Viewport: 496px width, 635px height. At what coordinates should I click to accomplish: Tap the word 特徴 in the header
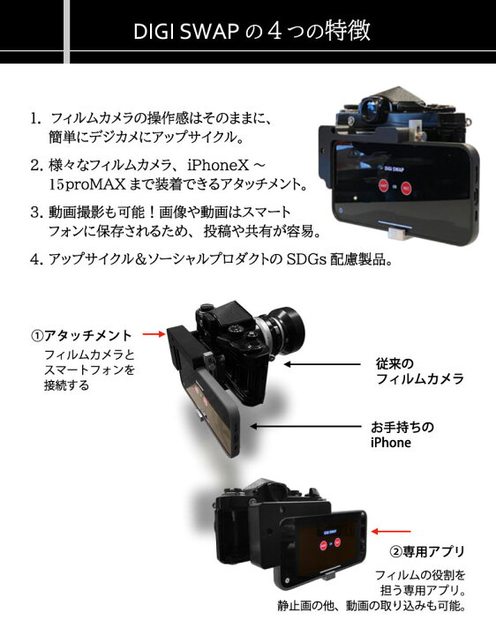(346, 32)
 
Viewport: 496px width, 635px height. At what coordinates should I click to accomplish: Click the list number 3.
(36, 212)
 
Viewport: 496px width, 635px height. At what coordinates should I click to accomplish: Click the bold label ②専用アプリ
(426, 551)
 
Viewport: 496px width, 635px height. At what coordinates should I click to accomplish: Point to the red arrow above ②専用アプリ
(391, 532)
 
